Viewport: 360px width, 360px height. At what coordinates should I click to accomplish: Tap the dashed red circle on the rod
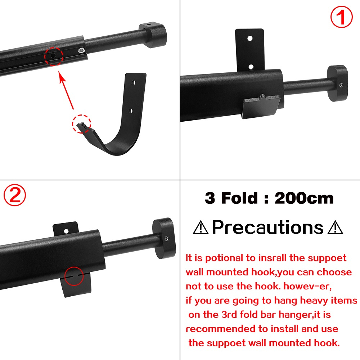(54, 57)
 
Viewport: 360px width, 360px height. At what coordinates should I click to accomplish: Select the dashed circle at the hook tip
(82, 124)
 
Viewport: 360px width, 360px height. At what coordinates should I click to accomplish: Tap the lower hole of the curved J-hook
(131, 110)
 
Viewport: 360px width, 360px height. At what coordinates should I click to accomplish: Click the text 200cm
(304, 198)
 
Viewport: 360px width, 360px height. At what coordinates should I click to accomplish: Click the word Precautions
(268, 227)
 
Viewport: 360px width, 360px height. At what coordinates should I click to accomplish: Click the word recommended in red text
(219, 329)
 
